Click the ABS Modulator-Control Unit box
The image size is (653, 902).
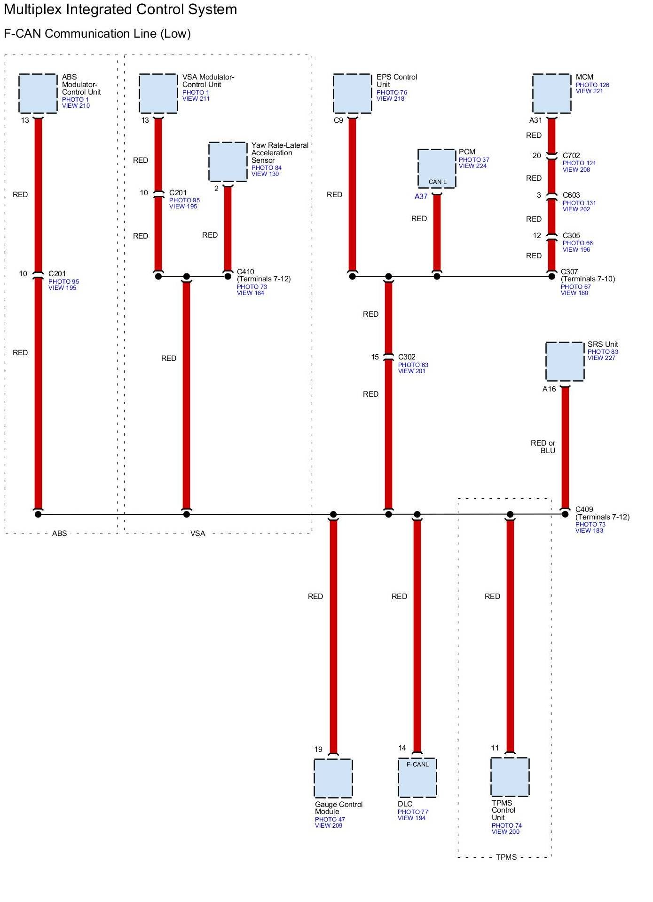(38, 93)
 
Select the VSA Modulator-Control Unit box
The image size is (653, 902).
(158, 93)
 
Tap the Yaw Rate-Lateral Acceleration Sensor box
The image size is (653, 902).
(228, 161)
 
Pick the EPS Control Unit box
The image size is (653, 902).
(352, 93)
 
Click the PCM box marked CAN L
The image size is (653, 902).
(437, 168)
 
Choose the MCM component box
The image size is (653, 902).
(551, 93)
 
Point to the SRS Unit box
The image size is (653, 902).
(565, 361)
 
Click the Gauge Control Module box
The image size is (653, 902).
(333, 778)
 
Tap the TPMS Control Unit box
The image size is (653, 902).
(510, 777)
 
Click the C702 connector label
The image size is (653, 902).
(571, 156)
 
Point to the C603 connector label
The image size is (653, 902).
(571, 195)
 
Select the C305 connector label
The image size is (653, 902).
(571, 236)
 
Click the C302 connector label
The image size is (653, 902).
(407, 357)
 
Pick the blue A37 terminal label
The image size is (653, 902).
(421, 197)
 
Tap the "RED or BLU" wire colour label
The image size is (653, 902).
(543, 447)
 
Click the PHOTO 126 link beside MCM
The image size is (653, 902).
(592, 85)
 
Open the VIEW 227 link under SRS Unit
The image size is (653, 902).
(601, 358)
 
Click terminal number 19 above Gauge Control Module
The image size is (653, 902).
(318, 750)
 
